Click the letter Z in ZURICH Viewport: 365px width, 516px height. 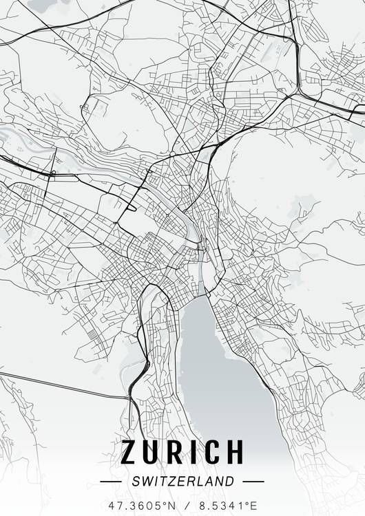coord(130,452)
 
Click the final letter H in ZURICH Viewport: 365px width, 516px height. coord(234,452)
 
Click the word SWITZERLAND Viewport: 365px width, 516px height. coord(182,482)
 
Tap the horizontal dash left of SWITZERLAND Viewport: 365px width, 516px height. coord(110,482)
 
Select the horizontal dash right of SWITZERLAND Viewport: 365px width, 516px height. coord(253,482)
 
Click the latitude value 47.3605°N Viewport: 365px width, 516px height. coord(141,505)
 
